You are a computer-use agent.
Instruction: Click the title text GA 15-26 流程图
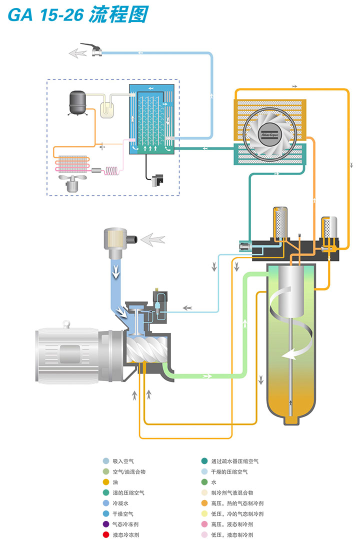pyautogui.click(x=78, y=14)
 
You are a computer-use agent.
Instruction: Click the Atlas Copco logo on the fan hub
pyautogui.click(x=269, y=132)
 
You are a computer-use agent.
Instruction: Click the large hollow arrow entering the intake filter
pyautogui.click(x=152, y=240)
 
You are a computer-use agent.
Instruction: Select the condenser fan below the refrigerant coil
pyautogui.click(x=74, y=183)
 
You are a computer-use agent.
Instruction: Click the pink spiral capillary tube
pyautogui.click(x=112, y=171)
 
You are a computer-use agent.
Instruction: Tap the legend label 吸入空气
pyautogui.click(x=123, y=461)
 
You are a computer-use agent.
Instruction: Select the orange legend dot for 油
pyautogui.click(x=105, y=482)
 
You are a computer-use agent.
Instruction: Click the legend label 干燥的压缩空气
pyautogui.click(x=229, y=471)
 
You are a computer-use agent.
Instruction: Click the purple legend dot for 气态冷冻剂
pyautogui.click(x=105, y=524)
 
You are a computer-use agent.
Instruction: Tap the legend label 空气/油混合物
pyautogui.click(x=129, y=471)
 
